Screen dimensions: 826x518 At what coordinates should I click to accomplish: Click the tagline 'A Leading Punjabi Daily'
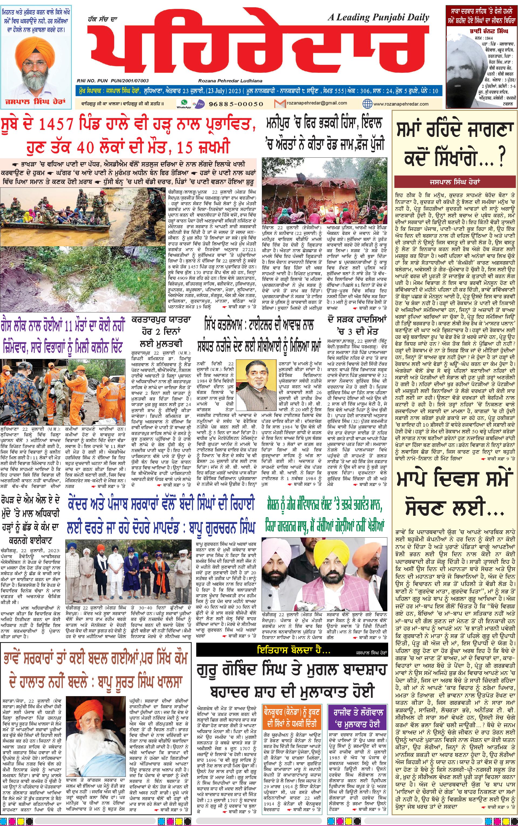(378, 18)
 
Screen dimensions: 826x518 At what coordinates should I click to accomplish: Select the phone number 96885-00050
(236, 103)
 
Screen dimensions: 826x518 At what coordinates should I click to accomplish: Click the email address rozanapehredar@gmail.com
(312, 103)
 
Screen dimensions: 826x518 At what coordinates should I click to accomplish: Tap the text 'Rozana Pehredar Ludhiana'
(230, 80)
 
